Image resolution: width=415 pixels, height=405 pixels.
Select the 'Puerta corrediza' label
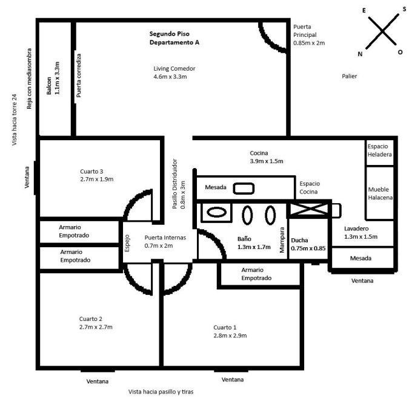pyautogui.click(x=79, y=76)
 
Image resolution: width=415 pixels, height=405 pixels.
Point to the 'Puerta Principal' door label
pyautogui.click(x=309, y=35)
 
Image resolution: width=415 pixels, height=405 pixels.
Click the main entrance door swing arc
pyautogui.click(x=271, y=37)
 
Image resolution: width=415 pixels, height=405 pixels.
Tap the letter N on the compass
pyautogui.click(x=360, y=54)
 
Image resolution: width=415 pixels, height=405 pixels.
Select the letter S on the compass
pyautogui.click(x=404, y=10)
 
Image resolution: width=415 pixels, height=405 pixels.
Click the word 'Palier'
pyautogui.click(x=350, y=76)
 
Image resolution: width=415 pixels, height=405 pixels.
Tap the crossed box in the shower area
pyautogui.click(x=308, y=210)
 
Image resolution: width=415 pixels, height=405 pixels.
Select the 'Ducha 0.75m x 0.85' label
pyautogui.click(x=308, y=244)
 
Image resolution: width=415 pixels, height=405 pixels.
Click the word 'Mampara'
pyautogui.click(x=282, y=239)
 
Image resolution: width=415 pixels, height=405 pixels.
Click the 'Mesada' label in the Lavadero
pyautogui.click(x=362, y=258)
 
